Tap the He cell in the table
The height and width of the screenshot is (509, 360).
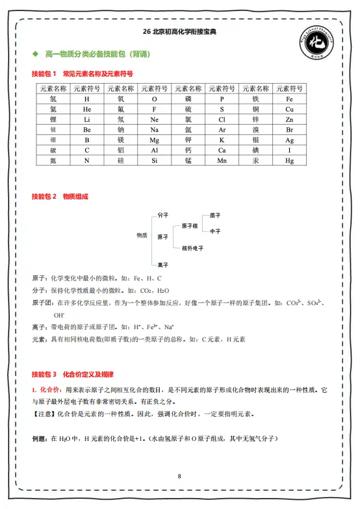tap(87, 110)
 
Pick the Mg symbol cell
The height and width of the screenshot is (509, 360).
tap(154, 140)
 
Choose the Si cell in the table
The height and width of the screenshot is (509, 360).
tap(154, 160)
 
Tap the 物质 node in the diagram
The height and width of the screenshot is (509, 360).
tap(142, 235)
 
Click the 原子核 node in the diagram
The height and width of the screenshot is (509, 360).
tap(190, 225)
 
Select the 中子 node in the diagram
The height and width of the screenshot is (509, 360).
tap(214, 231)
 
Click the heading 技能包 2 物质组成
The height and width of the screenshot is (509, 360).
tap(60, 196)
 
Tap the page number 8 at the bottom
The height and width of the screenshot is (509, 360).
tap(179, 477)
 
